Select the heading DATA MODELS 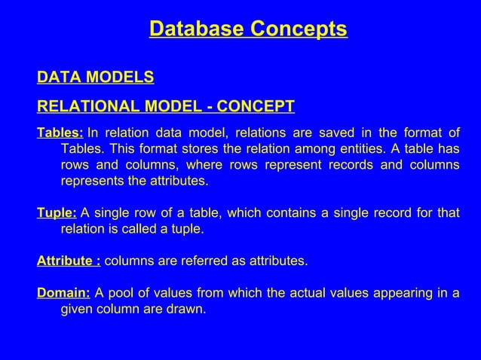click(96, 77)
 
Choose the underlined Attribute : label click(69, 261)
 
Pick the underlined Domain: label click(64, 294)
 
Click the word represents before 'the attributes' click(93, 182)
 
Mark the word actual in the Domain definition click(319, 294)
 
